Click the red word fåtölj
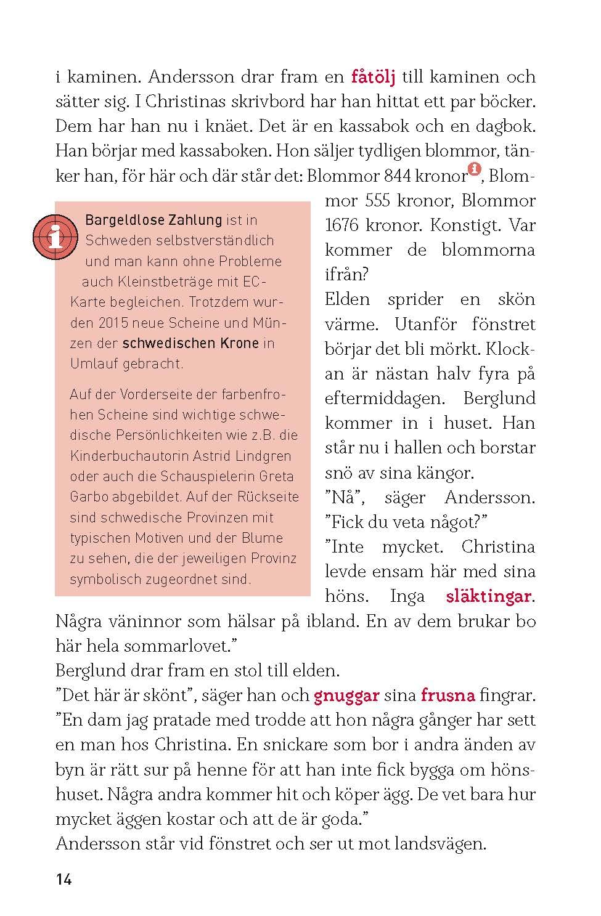point(372,78)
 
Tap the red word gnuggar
point(346,696)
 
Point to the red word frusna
point(448,696)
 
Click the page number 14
point(64,880)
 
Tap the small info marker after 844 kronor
point(474,169)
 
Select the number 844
point(398,176)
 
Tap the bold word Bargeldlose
point(120,220)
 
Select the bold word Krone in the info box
point(236,343)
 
